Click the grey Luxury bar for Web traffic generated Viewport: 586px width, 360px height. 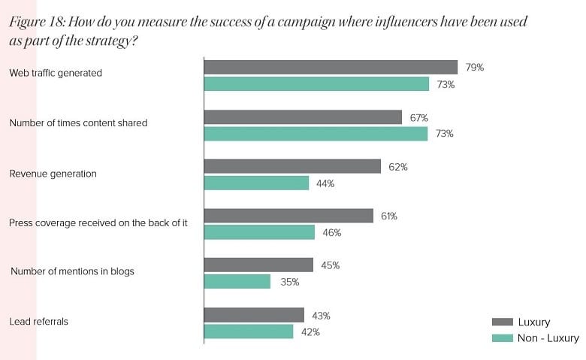tap(331, 67)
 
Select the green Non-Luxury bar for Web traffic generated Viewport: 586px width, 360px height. tap(316, 84)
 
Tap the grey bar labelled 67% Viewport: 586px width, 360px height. tap(303, 117)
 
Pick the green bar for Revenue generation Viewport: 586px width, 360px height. tap(256, 183)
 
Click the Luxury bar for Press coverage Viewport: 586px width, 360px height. tap(288, 216)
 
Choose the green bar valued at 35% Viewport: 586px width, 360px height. tap(237, 282)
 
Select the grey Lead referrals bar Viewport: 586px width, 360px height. tap(254, 315)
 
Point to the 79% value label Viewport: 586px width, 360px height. tap(474, 68)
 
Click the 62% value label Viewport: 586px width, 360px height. tap(398, 167)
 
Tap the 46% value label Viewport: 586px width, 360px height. tap(331, 233)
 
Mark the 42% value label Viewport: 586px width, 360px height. tap(310, 332)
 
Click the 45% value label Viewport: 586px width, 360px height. tap(331, 265)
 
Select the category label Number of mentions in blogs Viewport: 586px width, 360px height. tap(72, 271)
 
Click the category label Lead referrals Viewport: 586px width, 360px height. tap(38, 322)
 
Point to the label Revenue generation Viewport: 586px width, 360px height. tap(53, 174)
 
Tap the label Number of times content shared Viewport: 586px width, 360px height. tap(78, 123)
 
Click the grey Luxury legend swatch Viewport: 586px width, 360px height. tap(501, 322)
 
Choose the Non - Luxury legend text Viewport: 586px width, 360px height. tap(548, 338)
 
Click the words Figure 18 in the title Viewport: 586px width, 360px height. tap(35, 22)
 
